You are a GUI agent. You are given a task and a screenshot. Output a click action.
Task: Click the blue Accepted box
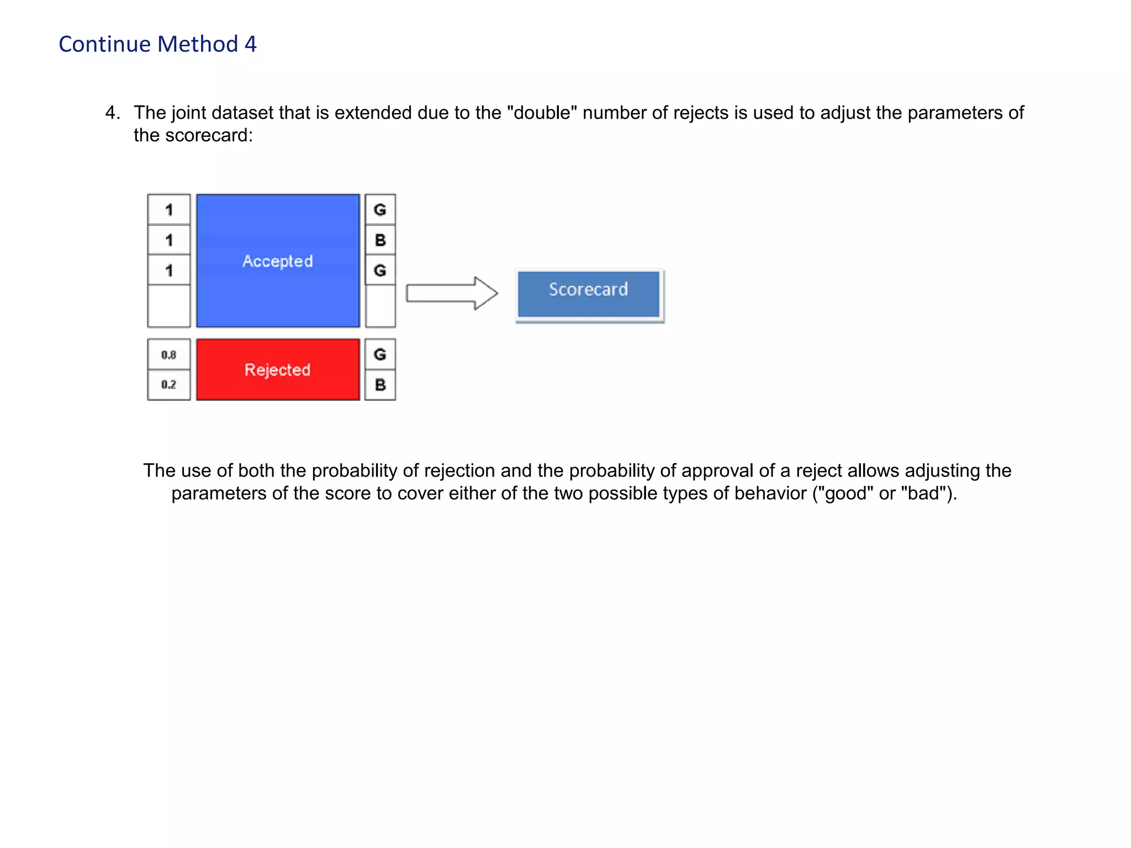coord(278,261)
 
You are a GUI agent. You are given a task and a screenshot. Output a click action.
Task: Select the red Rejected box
coord(278,369)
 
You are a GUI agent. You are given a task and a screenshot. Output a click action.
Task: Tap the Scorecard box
coord(588,294)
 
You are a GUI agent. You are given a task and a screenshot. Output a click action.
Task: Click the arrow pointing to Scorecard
coord(451,293)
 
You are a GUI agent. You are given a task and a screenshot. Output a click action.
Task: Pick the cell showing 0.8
coord(169,354)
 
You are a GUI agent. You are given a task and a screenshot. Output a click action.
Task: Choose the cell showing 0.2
coord(169,385)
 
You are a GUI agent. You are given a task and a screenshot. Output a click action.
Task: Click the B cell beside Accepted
coord(380,240)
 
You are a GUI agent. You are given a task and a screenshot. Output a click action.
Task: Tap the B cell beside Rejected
coord(380,385)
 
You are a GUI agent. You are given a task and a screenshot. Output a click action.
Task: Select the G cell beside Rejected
coord(380,354)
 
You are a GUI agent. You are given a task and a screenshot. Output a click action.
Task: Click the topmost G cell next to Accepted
coord(380,210)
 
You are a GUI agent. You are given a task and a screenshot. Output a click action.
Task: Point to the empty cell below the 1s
coord(169,306)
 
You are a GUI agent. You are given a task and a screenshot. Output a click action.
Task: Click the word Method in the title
coord(198,44)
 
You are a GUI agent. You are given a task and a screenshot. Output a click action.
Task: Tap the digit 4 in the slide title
coord(251,44)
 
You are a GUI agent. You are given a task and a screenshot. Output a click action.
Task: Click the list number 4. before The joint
coord(113,113)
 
